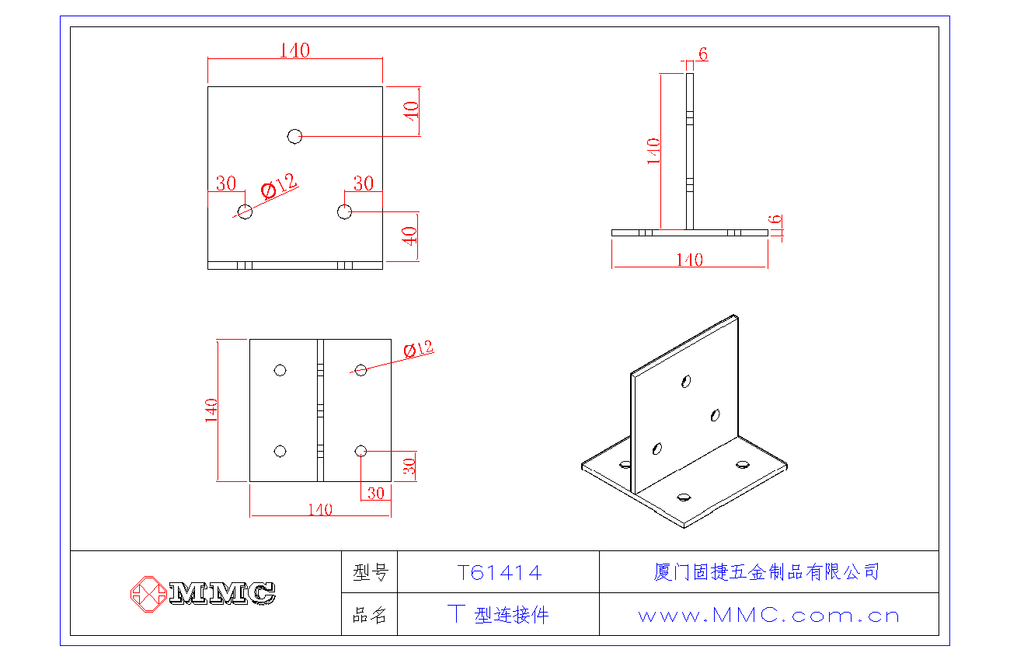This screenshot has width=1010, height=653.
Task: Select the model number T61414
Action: pyautogui.click(x=498, y=573)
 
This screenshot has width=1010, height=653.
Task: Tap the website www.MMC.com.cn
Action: pyautogui.click(x=768, y=616)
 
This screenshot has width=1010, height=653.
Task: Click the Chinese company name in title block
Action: pyautogui.click(x=767, y=572)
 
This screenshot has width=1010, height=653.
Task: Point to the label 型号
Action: pyautogui.click(x=369, y=573)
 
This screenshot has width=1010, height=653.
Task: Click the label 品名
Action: pyautogui.click(x=369, y=616)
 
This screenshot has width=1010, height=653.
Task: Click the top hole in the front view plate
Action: pyautogui.click(x=294, y=136)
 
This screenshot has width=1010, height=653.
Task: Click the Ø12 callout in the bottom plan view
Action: pyautogui.click(x=418, y=349)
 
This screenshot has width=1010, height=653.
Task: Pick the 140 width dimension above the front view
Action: pyautogui.click(x=294, y=51)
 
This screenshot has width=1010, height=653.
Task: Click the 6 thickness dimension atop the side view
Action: pyautogui.click(x=703, y=54)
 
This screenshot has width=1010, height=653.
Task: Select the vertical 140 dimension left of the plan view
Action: pyautogui.click(x=211, y=410)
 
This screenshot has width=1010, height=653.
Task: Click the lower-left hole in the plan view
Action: pyautogui.click(x=280, y=451)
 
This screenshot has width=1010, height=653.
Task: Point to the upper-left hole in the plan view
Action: pyautogui.click(x=280, y=370)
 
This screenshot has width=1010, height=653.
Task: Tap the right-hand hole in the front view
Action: pyautogui.click(x=345, y=211)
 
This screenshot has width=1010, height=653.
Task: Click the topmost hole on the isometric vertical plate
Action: pyautogui.click(x=685, y=381)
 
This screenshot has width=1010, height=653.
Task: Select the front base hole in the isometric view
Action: pyautogui.click(x=684, y=497)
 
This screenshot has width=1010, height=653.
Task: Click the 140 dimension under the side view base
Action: pyautogui.click(x=689, y=260)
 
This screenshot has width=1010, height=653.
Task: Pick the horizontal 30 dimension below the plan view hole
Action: pyautogui.click(x=375, y=493)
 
